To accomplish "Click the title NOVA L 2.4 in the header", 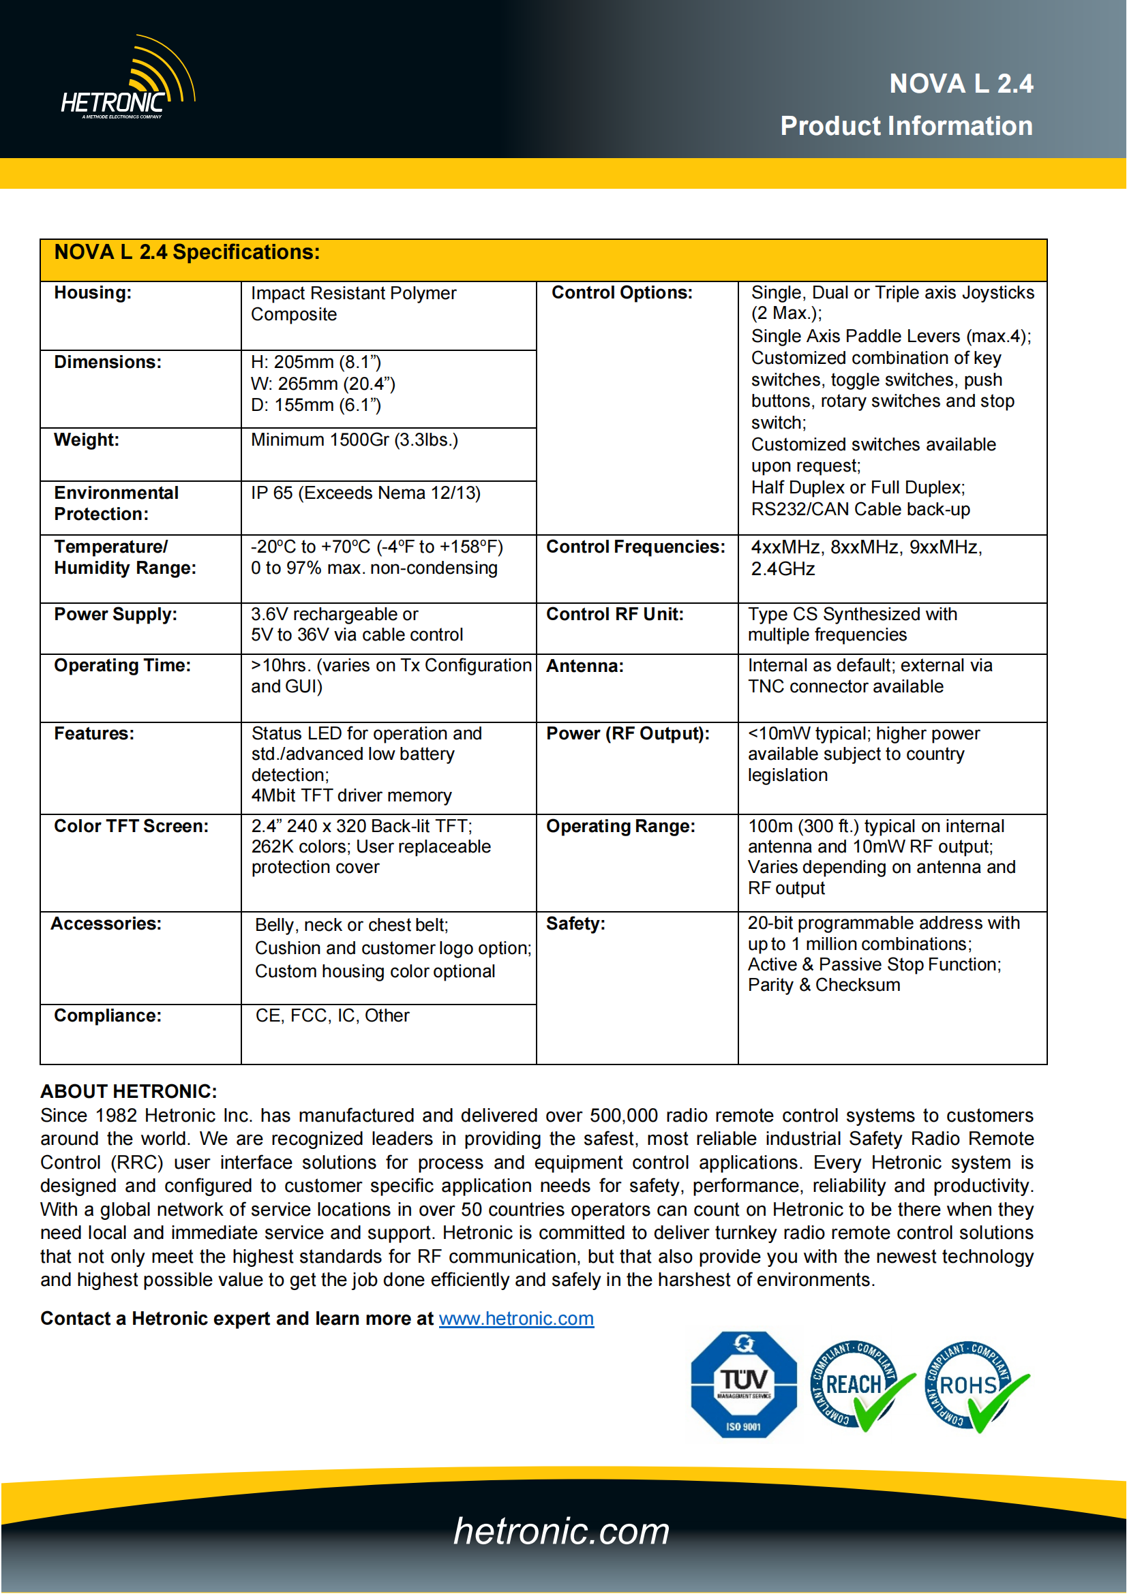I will coord(961,84).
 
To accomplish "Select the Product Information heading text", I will coord(905,126).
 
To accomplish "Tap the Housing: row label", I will coord(93,293).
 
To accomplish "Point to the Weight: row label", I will coord(87,440).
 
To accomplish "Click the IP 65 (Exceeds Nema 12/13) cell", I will coord(365,493).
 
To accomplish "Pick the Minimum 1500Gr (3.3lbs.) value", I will coord(354,440).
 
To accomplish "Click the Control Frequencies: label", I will coord(635,547).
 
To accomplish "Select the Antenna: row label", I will coord(585,666).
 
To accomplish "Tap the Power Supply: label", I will coord(115,615).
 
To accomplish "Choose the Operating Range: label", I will coord(620,826).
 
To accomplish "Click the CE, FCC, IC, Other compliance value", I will coord(332,1015).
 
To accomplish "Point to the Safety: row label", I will coord(575,924).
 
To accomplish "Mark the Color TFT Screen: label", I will coord(131,826).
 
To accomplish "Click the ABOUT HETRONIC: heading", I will coord(128,1091).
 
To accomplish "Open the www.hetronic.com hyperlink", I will coord(516,1319).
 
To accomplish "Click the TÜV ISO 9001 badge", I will coord(743,1385).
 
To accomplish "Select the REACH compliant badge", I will coord(859,1385).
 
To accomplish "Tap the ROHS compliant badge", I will coord(974,1385).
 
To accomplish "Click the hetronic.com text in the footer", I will coord(561,1531).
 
